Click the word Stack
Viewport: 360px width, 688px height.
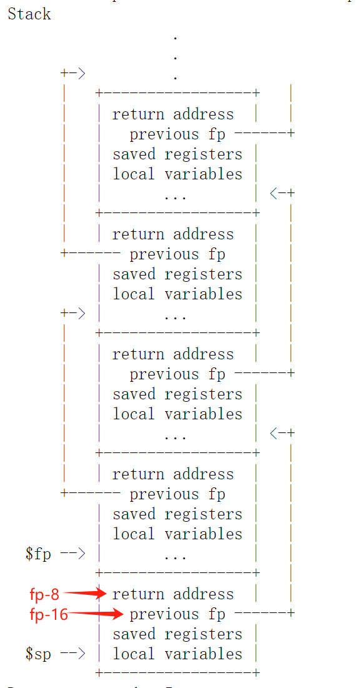tap(29, 14)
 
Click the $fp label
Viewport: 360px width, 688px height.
tap(38, 554)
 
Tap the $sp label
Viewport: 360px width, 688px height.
tap(38, 654)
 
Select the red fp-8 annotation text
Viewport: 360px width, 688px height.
tap(44, 594)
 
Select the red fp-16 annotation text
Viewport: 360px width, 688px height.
tap(49, 614)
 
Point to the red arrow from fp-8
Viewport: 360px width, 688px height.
tap(84, 594)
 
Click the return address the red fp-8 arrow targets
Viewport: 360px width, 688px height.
tap(172, 594)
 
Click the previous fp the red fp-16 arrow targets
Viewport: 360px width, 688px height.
tap(177, 614)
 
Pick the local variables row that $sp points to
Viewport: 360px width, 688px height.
tap(177, 654)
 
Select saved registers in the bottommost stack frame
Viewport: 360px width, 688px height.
tap(177, 634)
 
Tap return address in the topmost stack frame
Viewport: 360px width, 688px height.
tap(172, 114)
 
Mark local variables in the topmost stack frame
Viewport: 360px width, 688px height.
tap(177, 174)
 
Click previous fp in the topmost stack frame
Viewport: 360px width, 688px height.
tap(177, 134)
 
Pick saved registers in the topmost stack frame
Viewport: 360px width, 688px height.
tap(177, 154)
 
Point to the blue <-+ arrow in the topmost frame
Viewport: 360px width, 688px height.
tap(282, 193)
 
